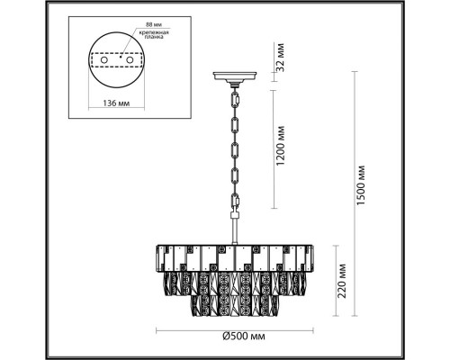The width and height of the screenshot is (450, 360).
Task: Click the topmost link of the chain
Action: (232, 94)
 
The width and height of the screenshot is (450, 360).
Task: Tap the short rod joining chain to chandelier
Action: (232, 230)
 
